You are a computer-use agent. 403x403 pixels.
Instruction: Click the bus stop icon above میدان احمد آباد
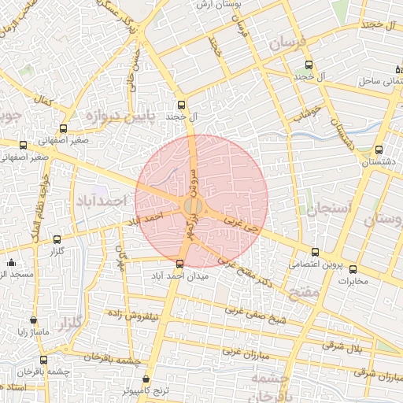point(180,264)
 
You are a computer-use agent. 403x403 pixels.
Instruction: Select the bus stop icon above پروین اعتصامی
point(315,252)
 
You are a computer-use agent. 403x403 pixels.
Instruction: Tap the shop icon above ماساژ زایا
point(33,321)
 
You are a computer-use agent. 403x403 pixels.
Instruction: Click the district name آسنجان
point(320,209)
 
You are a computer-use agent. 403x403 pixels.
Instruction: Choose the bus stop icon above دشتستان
point(379,150)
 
